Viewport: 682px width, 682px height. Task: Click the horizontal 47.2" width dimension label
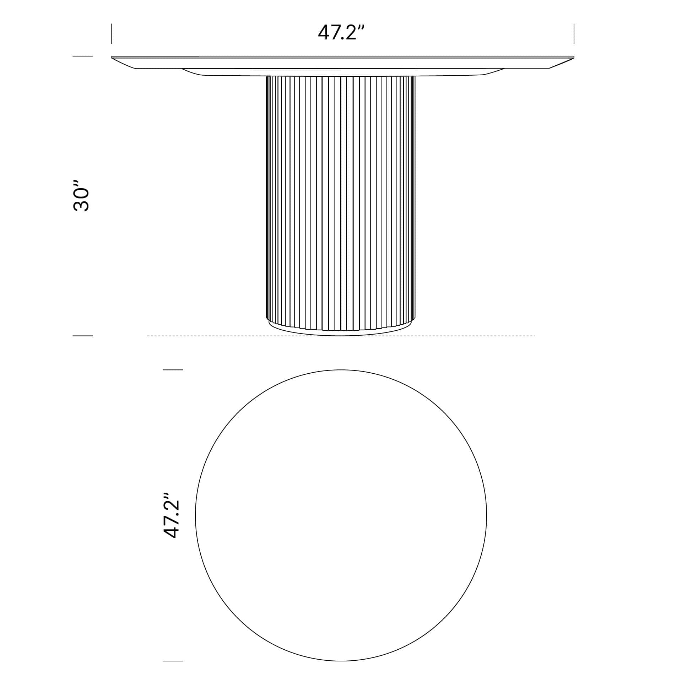click(341, 33)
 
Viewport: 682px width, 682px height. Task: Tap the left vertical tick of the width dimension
click(112, 34)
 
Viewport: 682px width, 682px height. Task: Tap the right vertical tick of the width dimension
click(574, 34)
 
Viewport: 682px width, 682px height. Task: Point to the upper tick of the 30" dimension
click(82, 56)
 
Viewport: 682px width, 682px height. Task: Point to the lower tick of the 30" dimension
click(82, 335)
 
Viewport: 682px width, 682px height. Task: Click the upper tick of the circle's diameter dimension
click(173, 370)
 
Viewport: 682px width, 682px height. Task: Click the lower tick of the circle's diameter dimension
click(173, 661)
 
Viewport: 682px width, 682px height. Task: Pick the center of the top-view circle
click(341, 515)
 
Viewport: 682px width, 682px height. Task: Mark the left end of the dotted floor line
click(148, 335)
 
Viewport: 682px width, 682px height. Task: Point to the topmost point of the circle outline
click(341, 370)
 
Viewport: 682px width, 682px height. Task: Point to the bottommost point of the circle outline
click(341, 661)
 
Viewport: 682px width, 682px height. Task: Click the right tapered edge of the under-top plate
click(494, 72)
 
